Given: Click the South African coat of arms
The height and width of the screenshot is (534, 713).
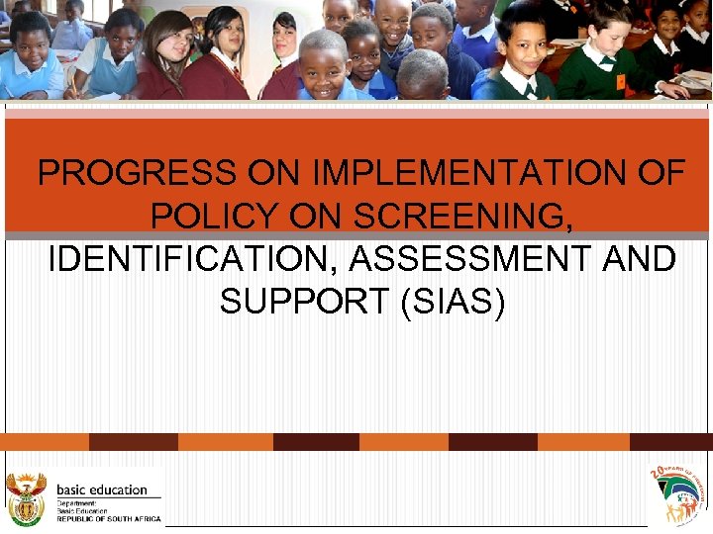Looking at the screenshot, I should [26, 497].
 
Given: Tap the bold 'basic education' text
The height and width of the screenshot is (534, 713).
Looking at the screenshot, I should [102, 489].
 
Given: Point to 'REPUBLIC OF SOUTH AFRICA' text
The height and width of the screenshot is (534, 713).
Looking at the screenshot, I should [108, 518].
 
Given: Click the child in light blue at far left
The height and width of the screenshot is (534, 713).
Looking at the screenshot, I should [30, 54].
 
